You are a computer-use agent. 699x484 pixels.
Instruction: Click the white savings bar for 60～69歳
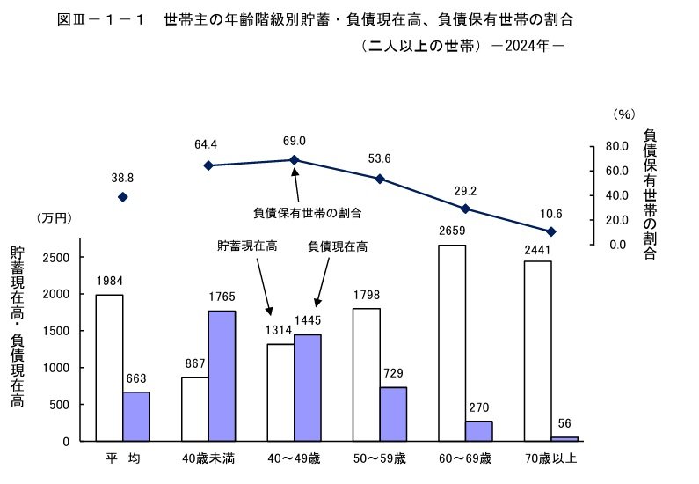coord(452,343)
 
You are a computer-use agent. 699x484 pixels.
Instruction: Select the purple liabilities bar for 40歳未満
coord(222,376)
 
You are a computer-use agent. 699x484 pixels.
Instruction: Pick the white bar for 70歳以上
coord(537,351)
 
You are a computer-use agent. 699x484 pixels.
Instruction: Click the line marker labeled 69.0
coord(295,160)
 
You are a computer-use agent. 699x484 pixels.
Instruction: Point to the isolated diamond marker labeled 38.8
coord(123,197)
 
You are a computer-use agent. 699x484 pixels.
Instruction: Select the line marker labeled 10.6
coord(551,231)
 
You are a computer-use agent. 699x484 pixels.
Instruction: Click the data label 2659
coord(452,231)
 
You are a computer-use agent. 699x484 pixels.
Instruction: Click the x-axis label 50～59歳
coord(380,458)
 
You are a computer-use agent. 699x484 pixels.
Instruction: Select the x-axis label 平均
coord(122,458)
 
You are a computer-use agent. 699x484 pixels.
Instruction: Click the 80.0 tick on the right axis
coord(615,146)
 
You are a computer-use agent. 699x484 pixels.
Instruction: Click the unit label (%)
coord(624,114)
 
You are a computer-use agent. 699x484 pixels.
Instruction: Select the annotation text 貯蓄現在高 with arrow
coord(247,247)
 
